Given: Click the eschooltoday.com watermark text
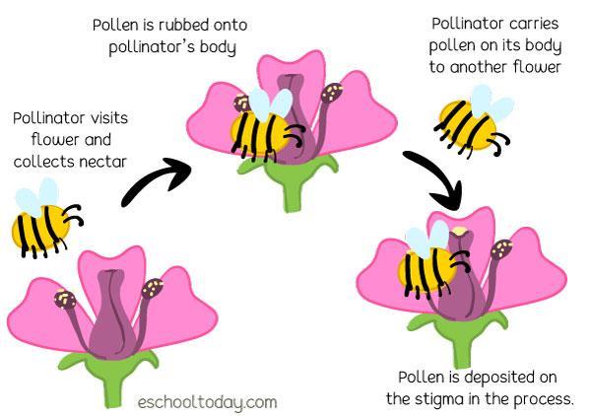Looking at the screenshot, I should point(207,401).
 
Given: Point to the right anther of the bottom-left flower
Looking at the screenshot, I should point(154,289).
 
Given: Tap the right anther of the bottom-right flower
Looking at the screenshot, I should point(501,248).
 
